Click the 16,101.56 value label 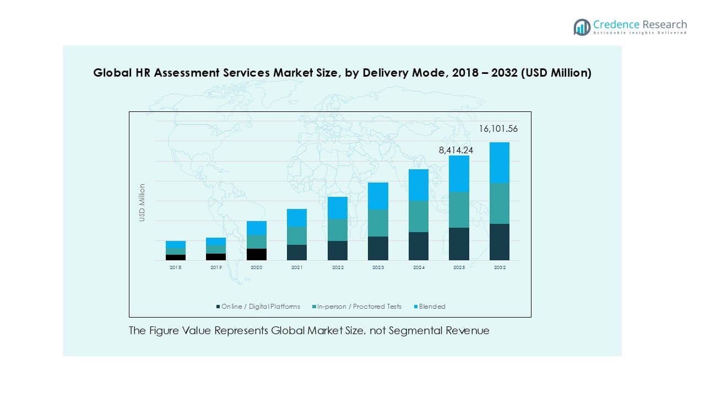coord(498,129)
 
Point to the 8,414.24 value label coord(456,149)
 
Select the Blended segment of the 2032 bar coord(499,163)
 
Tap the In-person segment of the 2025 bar coord(459,210)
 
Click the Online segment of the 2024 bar coord(419,246)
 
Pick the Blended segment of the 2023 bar coord(378,196)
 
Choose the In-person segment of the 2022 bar coord(338,229)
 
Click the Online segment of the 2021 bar coord(297,253)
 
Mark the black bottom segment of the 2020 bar coord(257,254)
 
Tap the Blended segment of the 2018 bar coord(176,244)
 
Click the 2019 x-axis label coord(216,267)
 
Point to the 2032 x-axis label coord(499,267)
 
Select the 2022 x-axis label coord(338,267)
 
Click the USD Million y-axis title coord(142,203)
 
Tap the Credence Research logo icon coord(582,27)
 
